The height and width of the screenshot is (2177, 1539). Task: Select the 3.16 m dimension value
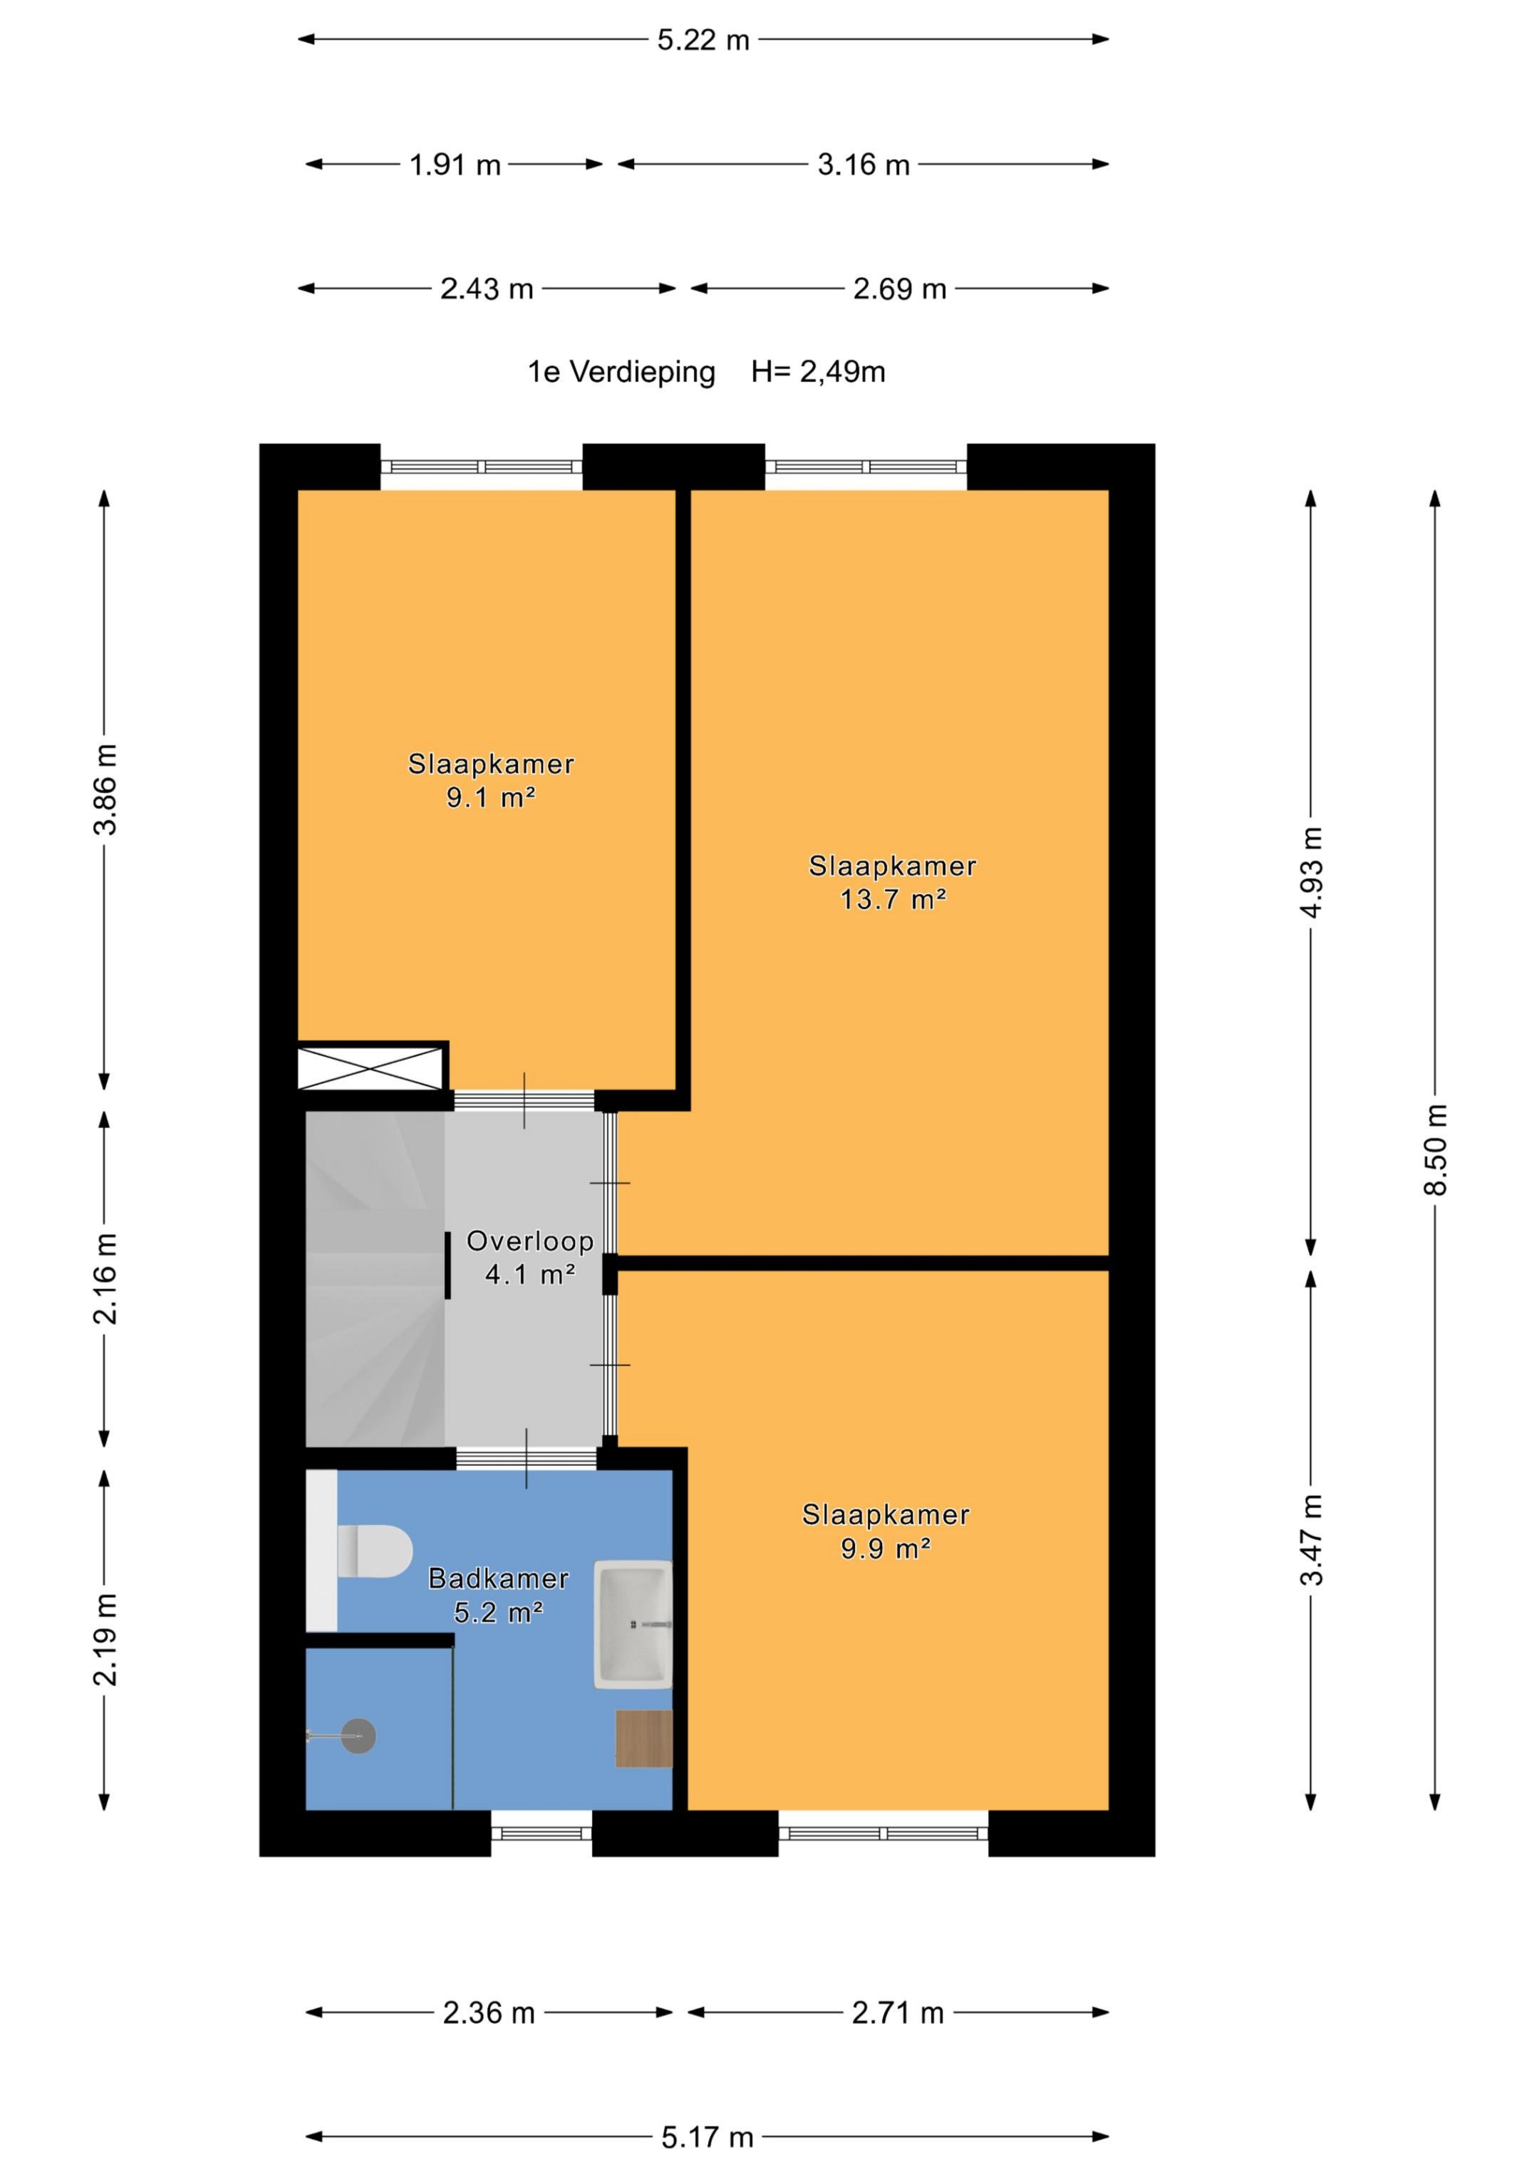(863, 165)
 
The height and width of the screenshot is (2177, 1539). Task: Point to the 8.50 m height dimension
(1436, 1149)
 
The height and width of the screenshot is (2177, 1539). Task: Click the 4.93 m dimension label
(1312, 872)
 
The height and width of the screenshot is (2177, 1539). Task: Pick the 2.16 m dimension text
(105, 1278)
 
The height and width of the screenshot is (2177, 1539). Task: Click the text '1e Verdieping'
(621, 372)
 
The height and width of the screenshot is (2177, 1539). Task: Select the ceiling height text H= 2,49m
(819, 372)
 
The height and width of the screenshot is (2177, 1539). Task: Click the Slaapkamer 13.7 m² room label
(892, 881)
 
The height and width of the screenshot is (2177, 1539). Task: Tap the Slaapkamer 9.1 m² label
(491, 780)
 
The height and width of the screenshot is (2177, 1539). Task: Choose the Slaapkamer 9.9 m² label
(886, 1531)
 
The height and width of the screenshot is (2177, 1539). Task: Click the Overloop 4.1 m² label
(530, 1257)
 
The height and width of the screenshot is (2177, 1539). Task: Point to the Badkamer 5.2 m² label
(499, 1595)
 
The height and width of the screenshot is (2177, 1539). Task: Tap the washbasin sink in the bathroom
(633, 1624)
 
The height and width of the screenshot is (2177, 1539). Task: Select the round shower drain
(358, 1736)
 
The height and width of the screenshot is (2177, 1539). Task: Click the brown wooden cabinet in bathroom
(644, 1739)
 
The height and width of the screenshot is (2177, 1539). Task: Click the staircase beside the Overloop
(375, 1278)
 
